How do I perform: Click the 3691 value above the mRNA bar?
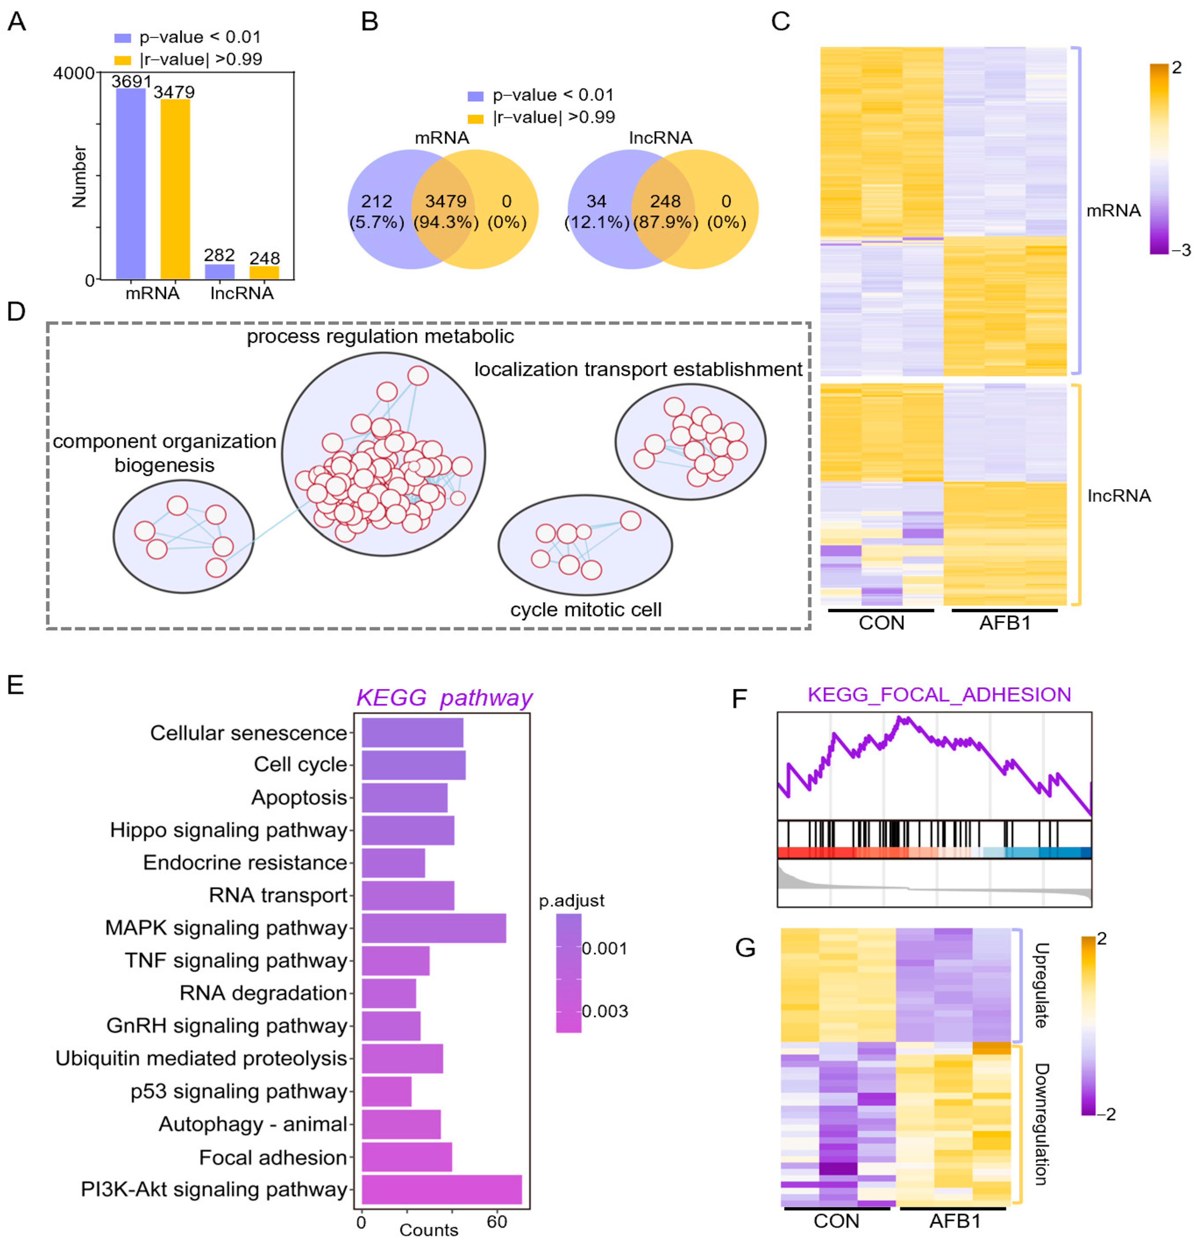(x=131, y=81)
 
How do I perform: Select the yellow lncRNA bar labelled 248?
(x=264, y=273)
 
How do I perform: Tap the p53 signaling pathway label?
(x=239, y=1091)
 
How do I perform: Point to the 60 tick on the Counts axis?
(x=497, y=1221)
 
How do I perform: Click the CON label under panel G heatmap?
(x=836, y=1221)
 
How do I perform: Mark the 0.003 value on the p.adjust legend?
(x=604, y=1011)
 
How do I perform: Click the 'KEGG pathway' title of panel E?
(x=444, y=698)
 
